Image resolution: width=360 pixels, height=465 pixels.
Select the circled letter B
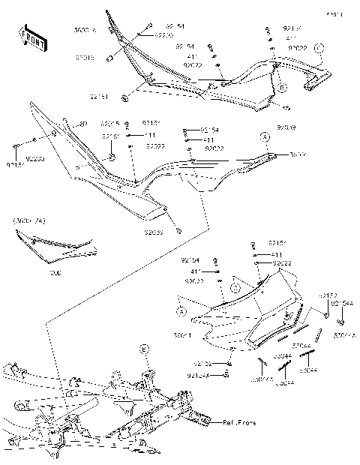[x=283, y=88]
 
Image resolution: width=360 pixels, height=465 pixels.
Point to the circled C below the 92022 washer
[x=234, y=286]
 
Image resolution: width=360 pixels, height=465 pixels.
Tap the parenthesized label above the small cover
[x=28, y=222]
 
